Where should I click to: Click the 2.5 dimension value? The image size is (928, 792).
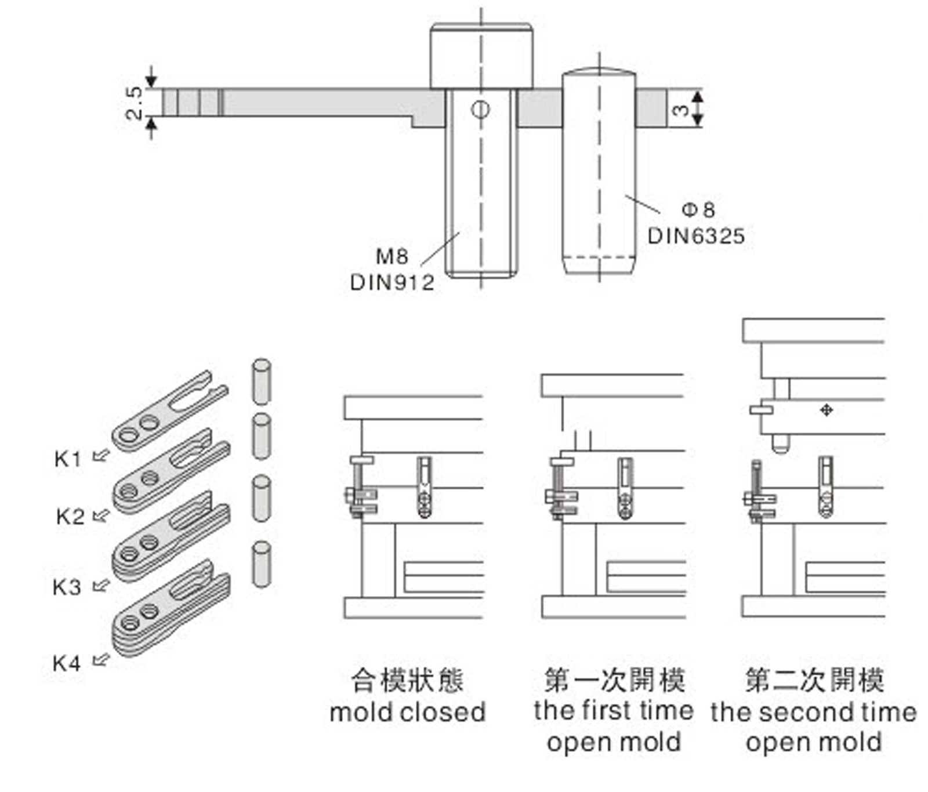click(133, 103)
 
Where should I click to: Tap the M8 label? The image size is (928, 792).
click(392, 256)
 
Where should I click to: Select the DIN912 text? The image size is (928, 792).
click(392, 282)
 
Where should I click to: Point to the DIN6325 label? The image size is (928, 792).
click(696, 236)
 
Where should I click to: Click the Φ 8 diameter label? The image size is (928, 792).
click(698, 209)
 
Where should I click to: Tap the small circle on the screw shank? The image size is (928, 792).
click(480, 109)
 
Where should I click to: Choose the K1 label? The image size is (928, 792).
click(67, 459)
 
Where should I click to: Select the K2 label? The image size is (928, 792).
click(70, 516)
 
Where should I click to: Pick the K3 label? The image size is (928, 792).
click(67, 587)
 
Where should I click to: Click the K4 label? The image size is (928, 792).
click(67, 663)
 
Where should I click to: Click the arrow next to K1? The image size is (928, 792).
click(101, 456)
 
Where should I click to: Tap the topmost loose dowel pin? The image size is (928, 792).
click(261, 381)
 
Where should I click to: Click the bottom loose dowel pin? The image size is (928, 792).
click(262, 564)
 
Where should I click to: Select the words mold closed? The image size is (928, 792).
click(408, 713)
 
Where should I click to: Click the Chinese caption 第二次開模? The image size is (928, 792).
click(814, 680)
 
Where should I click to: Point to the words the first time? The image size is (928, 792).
click(614, 710)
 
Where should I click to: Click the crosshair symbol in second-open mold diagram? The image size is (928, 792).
click(826, 410)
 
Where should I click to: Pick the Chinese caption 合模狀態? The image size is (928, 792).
click(407, 680)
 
